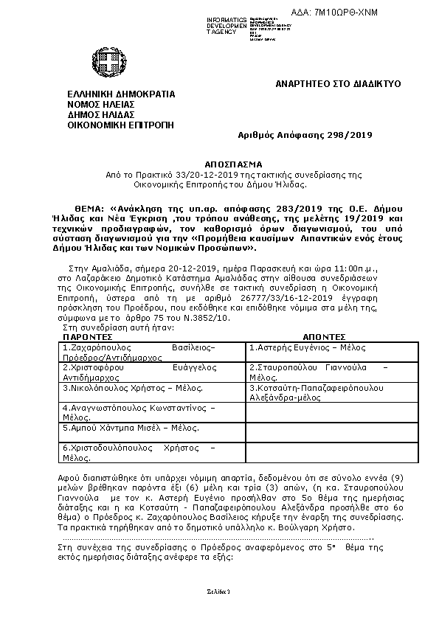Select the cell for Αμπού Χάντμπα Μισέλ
point(126,427)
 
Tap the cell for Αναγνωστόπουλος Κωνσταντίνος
point(140,411)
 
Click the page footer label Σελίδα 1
point(219,592)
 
